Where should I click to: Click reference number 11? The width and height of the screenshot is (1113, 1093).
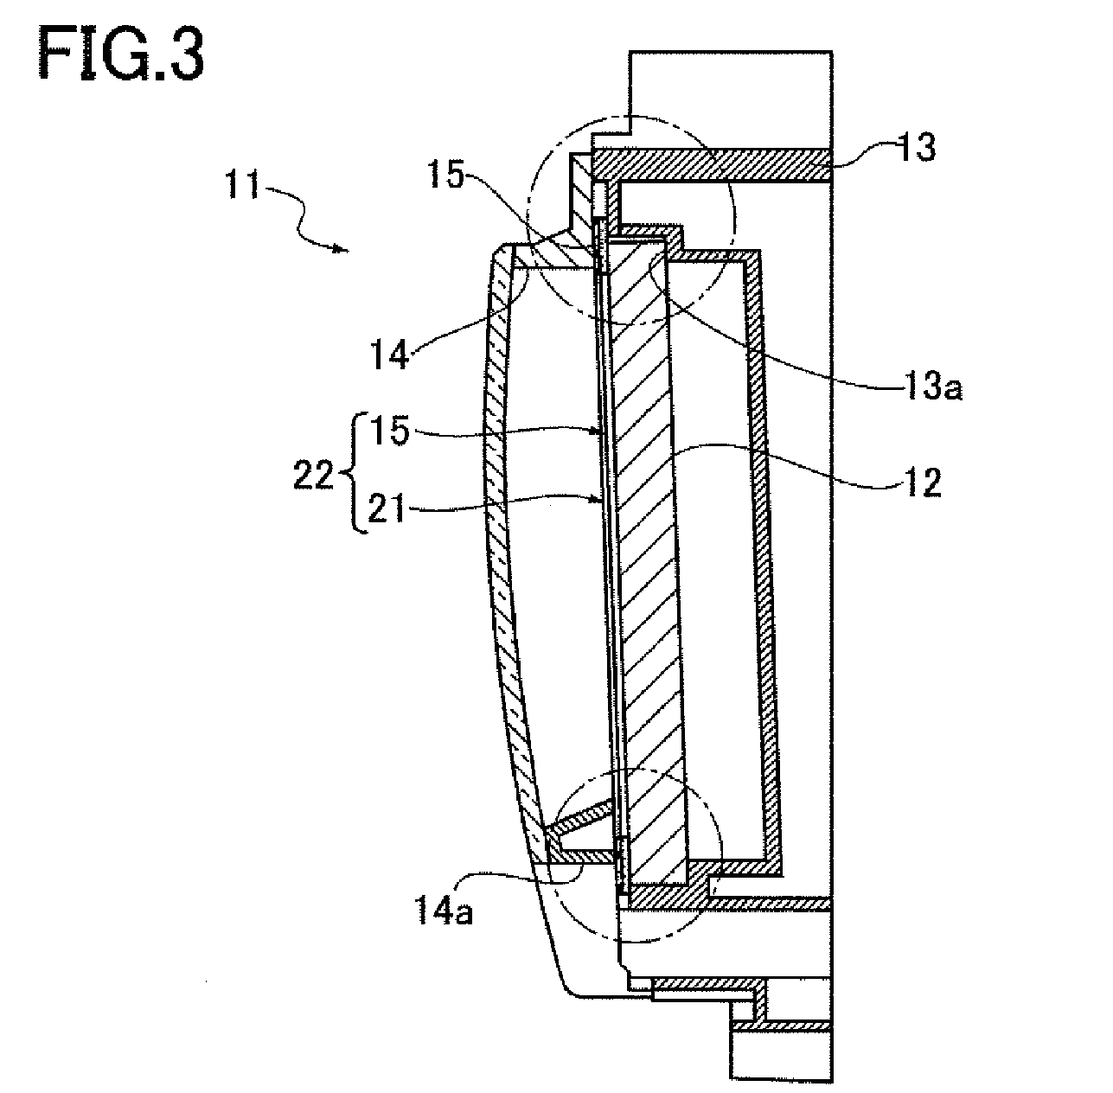(x=243, y=185)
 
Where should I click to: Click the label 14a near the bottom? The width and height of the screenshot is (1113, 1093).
(x=444, y=912)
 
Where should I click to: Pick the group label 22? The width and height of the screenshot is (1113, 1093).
(x=314, y=476)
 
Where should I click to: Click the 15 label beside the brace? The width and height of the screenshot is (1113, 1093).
(x=389, y=431)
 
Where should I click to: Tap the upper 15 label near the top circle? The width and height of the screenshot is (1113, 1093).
(x=446, y=175)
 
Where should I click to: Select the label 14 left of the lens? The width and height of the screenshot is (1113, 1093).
(x=390, y=355)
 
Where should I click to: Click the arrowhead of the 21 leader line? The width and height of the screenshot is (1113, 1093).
(x=599, y=501)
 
